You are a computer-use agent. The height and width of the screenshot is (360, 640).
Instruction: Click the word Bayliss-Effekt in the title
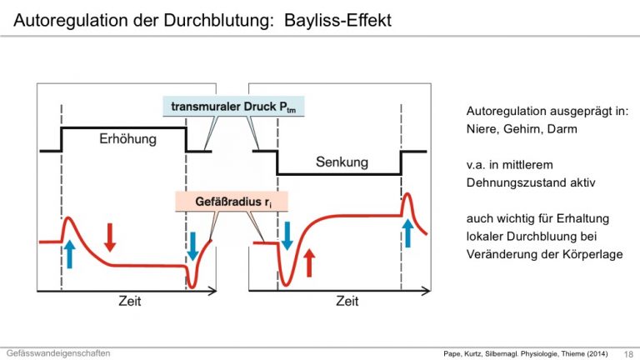[337, 20]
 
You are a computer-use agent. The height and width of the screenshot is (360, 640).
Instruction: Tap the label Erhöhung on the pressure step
[127, 139]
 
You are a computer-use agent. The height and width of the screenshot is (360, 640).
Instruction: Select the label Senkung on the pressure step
[342, 162]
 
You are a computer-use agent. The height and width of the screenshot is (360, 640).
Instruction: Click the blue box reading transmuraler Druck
[233, 107]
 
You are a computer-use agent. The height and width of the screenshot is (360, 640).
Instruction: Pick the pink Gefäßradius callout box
[232, 202]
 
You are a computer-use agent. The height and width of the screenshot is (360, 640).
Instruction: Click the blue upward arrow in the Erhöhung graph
[70, 253]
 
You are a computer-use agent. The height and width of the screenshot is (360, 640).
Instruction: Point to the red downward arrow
[110, 237]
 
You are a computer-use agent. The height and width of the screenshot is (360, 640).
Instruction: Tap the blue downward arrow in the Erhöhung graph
[193, 246]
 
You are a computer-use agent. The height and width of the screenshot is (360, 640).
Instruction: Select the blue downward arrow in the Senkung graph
[287, 236]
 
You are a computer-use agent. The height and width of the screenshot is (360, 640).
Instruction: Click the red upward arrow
[310, 262]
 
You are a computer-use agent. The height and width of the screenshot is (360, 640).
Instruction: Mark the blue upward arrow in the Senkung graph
[407, 232]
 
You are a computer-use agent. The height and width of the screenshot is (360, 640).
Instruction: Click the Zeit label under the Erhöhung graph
[130, 301]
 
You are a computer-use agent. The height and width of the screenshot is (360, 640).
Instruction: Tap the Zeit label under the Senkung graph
[347, 301]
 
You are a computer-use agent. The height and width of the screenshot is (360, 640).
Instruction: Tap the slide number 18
[628, 354]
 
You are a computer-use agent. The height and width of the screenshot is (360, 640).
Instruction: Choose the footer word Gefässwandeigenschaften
[58, 353]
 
